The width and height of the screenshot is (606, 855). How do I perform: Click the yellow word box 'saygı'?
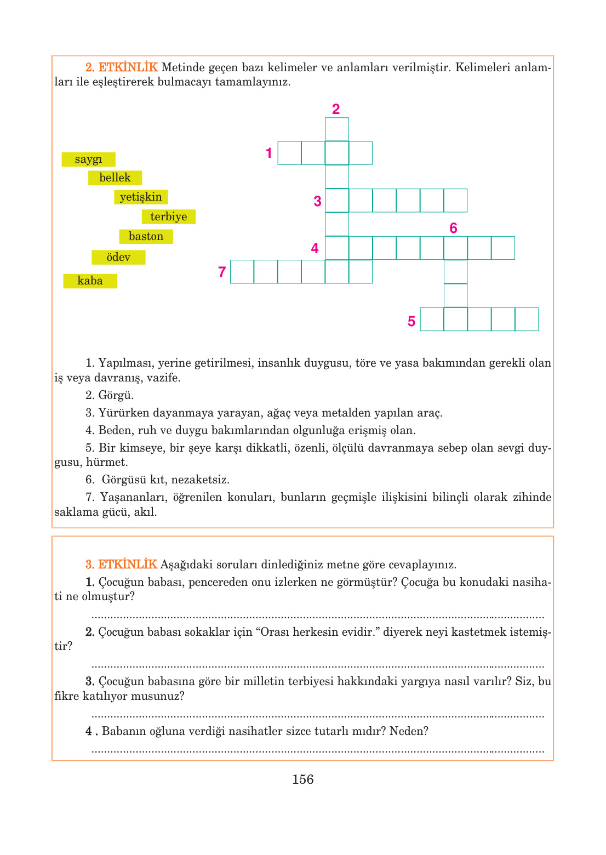(x=88, y=159)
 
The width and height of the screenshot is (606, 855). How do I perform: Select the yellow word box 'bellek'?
(x=115, y=178)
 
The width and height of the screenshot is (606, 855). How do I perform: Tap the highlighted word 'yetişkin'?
(x=141, y=197)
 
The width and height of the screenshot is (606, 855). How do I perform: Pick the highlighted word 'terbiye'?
(x=168, y=216)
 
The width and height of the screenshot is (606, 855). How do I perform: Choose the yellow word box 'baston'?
(x=146, y=236)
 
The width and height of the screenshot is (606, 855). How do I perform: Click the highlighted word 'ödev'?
(x=118, y=257)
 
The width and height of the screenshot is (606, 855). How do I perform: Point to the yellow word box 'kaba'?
(x=90, y=281)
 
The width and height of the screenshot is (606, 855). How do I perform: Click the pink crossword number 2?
(x=336, y=109)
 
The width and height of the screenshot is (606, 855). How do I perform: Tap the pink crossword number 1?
(x=268, y=153)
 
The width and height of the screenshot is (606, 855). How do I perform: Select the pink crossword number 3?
(x=317, y=201)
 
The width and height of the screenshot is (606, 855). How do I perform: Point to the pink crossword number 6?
(x=453, y=228)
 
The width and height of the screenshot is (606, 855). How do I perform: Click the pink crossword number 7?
(x=222, y=272)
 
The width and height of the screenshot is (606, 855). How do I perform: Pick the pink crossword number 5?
(x=411, y=321)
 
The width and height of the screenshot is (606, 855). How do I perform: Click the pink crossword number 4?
(x=315, y=248)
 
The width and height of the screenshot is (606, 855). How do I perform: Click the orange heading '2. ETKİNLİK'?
(x=121, y=67)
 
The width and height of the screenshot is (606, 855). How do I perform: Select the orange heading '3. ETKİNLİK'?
(x=121, y=564)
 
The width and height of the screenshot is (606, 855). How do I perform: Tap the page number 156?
(x=302, y=779)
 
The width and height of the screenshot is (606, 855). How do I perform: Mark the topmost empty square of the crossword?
(x=337, y=129)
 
